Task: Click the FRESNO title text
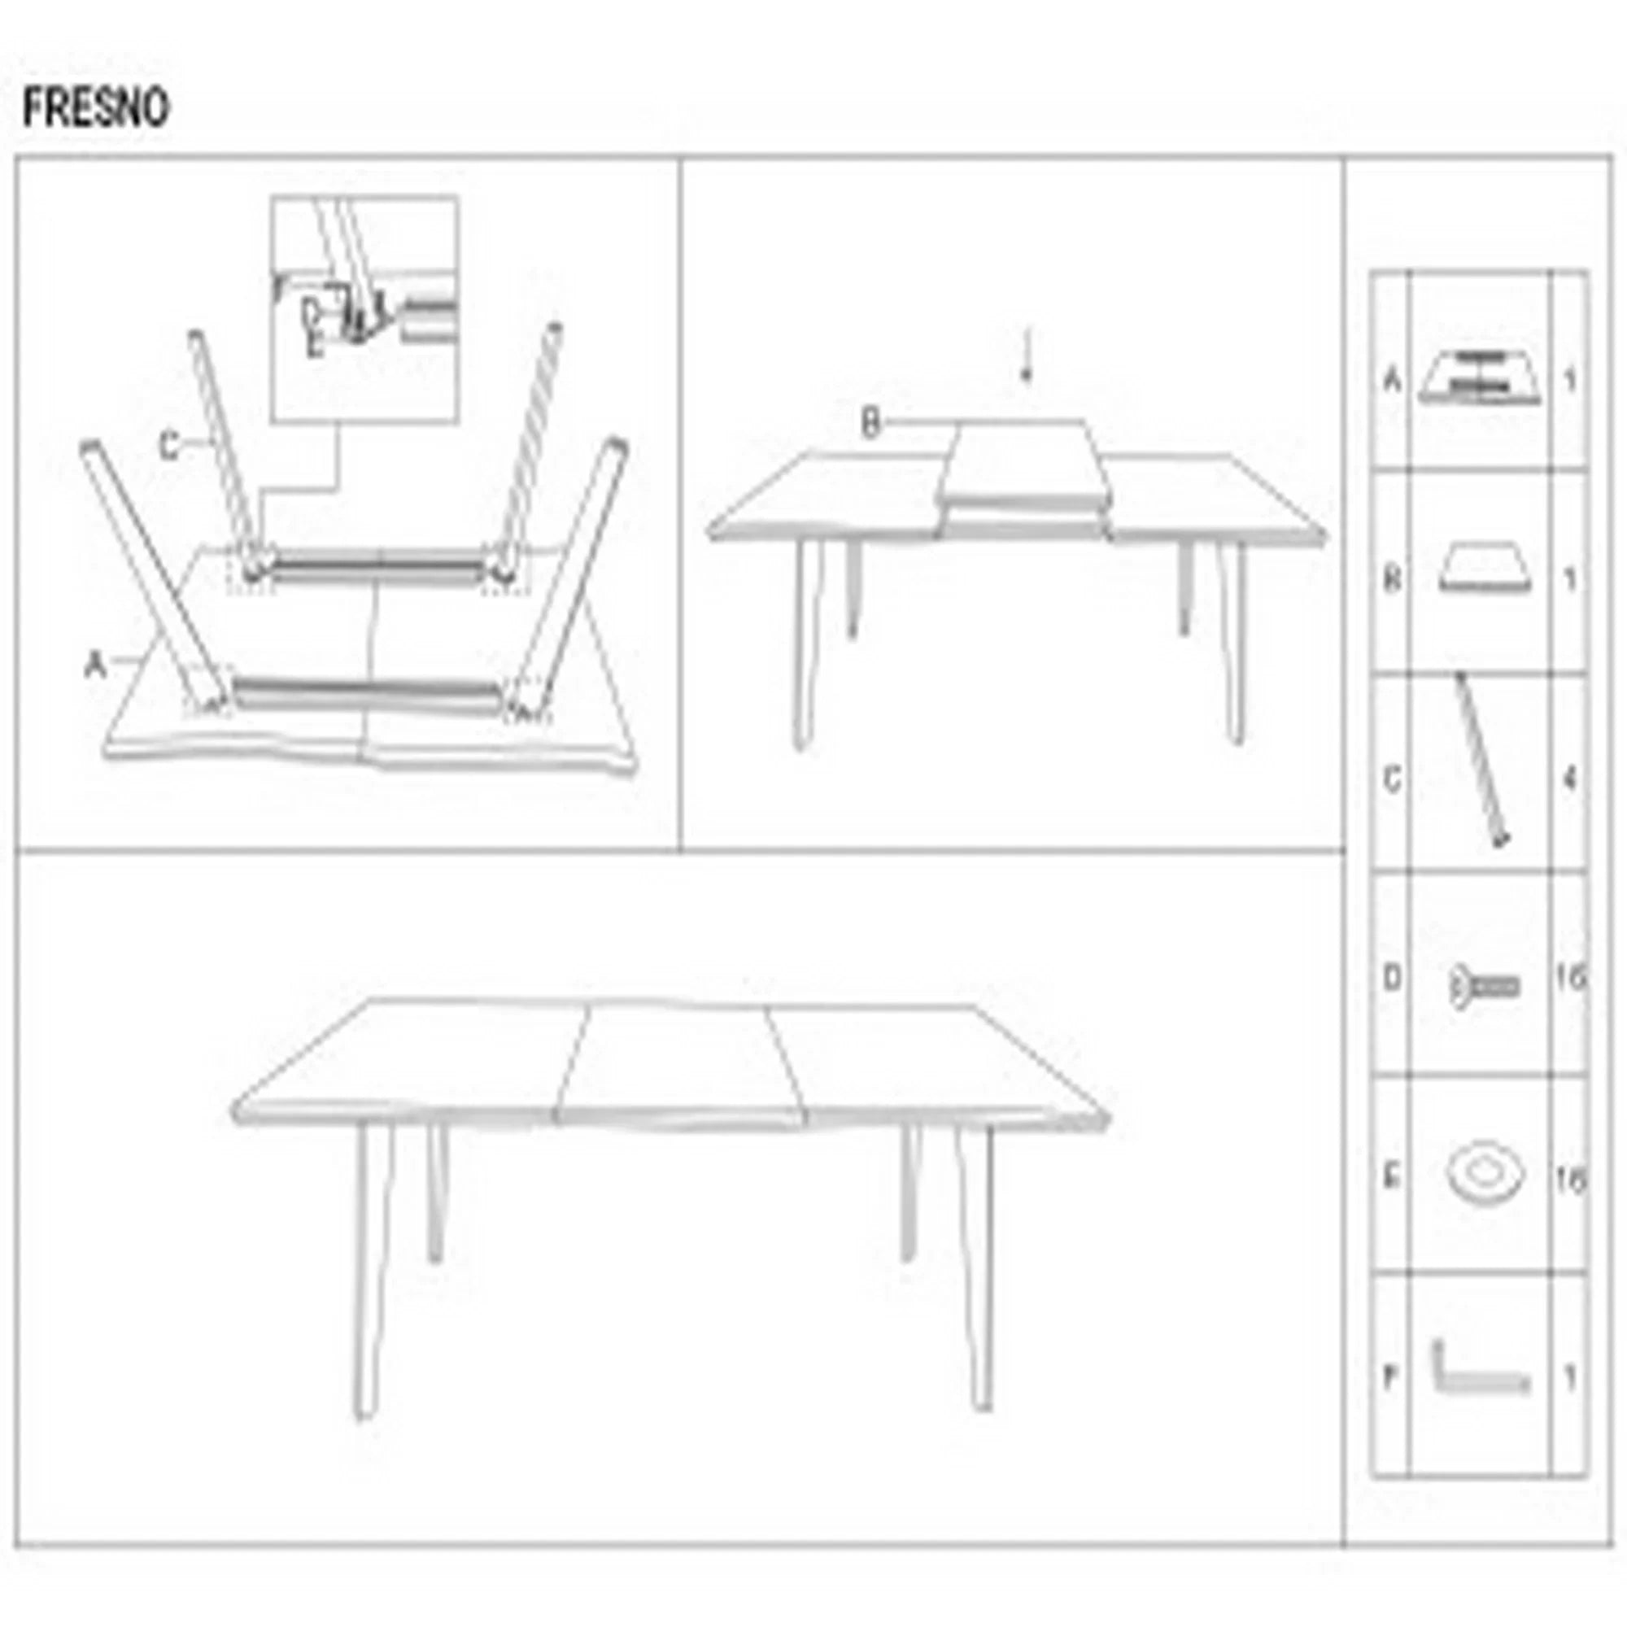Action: click(95, 109)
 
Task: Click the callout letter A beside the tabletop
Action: click(95, 667)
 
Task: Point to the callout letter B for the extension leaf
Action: click(870, 423)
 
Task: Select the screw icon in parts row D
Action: click(1483, 986)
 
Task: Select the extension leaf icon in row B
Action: click(1484, 575)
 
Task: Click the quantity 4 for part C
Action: click(1568, 779)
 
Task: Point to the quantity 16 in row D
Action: click(1570, 979)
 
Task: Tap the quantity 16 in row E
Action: click(1570, 1180)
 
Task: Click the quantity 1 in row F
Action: click(1569, 1379)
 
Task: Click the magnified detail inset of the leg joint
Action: click(364, 308)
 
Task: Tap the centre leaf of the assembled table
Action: click(678, 1061)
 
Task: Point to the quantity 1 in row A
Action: click(1569, 382)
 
